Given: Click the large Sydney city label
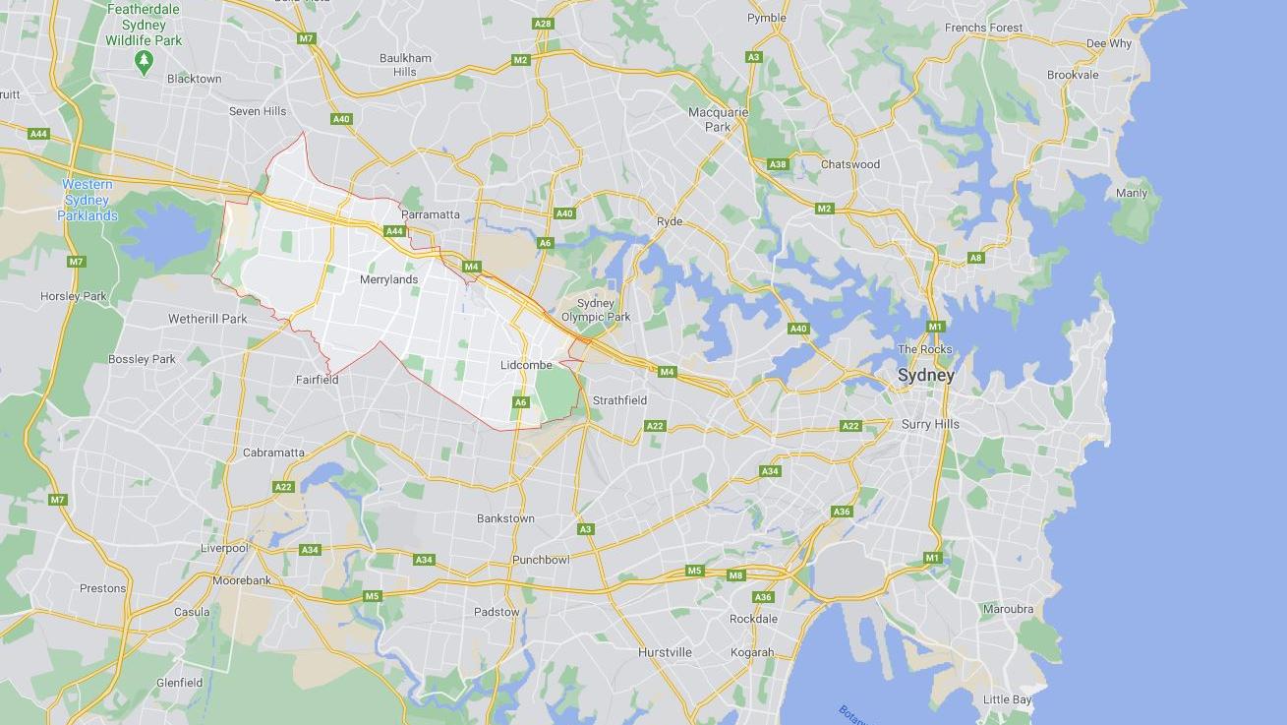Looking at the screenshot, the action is pyautogui.click(x=925, y=375).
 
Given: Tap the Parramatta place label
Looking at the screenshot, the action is pyautogui.click(x=430, y=214).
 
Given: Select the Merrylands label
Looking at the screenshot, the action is pyautogui.click(x=388, y=279).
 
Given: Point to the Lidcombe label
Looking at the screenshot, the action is pyautogui.click(x=526, y=365).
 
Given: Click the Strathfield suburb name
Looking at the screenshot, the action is pyautogui.click(x=619, y=400).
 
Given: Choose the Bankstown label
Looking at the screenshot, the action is pyautogui.click(x=505, y=518).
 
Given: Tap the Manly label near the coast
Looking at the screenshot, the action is pyautogui.click(x=1131, y=193).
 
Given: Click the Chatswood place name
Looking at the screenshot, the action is pyautogui.click(x=849, y=164).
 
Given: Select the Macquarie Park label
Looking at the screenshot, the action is pyautogui.click(x=718, y=119).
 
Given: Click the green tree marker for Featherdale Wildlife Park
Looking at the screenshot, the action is pyautogui.click(x=145, y=62).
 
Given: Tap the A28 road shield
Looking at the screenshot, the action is pyautogui.click(x=543, y=24).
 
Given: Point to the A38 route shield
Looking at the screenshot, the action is pyautogui.click(x=778, y=164).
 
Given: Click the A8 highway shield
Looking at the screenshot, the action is pyautogui.click(x=975, y=258).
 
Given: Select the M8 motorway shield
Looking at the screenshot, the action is pyautogui.click(x=735, y=575).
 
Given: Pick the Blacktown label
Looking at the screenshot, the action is pyautogui.click(x=194, y=79).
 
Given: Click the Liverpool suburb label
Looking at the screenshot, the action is pyautogui.click(x=224, y=548).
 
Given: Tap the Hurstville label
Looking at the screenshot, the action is pyautogui.click(x=665, y=652).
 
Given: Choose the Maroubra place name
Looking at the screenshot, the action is pyautogui.click(x=1008, y=609).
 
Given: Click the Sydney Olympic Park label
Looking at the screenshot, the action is pyautogui.click(x=596, y=310).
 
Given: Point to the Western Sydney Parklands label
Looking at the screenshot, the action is pyautogui.click(x=88, y=200).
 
